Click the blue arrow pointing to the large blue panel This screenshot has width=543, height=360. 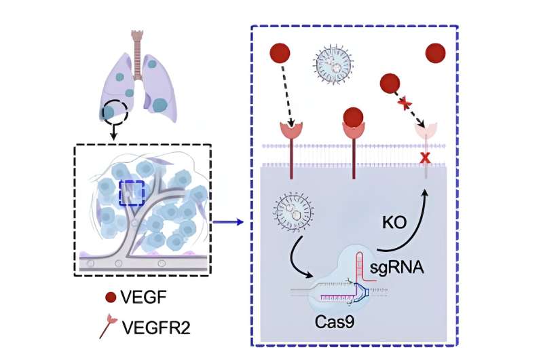click(227, 220)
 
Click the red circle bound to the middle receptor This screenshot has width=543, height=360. click(354, 118)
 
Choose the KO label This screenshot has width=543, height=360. click(394, 221)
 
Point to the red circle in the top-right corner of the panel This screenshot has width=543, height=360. click(434, 53)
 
